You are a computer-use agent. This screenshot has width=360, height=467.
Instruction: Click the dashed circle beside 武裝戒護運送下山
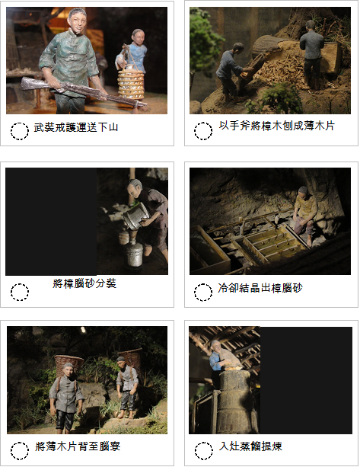click(20, 131)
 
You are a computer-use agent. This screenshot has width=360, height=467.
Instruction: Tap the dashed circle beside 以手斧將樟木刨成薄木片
click(203, 131)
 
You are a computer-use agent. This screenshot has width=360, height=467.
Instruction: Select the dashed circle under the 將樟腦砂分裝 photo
click(20, 292)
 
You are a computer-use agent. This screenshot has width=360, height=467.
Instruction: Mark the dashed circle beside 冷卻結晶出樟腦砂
click(203, 292)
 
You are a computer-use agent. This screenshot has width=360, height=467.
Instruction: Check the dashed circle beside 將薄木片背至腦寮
click(20, 451)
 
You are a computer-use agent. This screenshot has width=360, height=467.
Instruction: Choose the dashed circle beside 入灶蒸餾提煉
click(203, 451)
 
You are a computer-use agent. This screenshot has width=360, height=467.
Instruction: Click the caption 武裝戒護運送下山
click(76, 127)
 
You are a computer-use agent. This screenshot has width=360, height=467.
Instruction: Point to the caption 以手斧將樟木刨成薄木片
click(277, 126)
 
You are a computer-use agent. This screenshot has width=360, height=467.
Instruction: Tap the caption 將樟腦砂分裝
click(84, 283)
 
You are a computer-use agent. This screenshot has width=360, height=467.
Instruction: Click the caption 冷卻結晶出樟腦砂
click(260, 288)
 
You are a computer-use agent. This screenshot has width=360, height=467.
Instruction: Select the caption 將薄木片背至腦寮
click(78, 446)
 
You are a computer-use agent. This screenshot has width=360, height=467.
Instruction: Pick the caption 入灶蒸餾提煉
click(250, 446)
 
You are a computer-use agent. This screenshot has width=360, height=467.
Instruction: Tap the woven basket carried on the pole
click(131, 83)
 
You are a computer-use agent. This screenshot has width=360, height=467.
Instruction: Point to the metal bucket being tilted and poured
click(136, 216)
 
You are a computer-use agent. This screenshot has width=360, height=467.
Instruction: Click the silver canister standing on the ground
click(134, 254)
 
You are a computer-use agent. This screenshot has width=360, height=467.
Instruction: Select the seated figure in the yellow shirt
click(304, 216)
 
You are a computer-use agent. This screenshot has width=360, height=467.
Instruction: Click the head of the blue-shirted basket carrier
click(138, 36)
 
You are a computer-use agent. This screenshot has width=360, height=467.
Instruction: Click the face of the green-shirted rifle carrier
click(78, 21)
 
